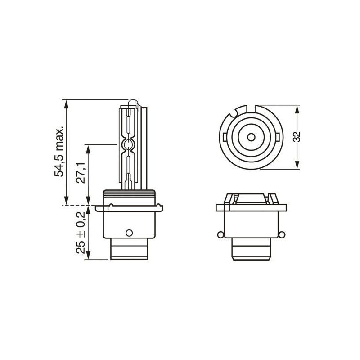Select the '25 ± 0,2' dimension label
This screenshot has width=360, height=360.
tap(81, 232)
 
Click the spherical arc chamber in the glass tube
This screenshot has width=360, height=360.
tap(128, 145)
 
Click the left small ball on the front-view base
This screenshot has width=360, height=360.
tap(220, 234)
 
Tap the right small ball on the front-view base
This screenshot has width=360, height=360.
tap(282, 234)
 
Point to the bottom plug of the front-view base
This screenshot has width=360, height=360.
tap(251, 250)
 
